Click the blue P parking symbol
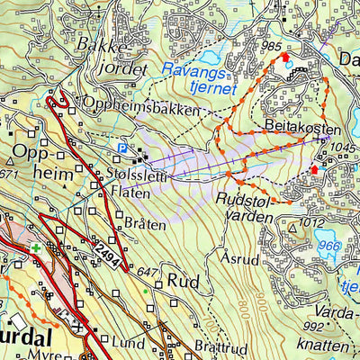(x=122, y=148)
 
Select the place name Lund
(x=129, y=341)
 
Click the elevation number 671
(x=9, y=173)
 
